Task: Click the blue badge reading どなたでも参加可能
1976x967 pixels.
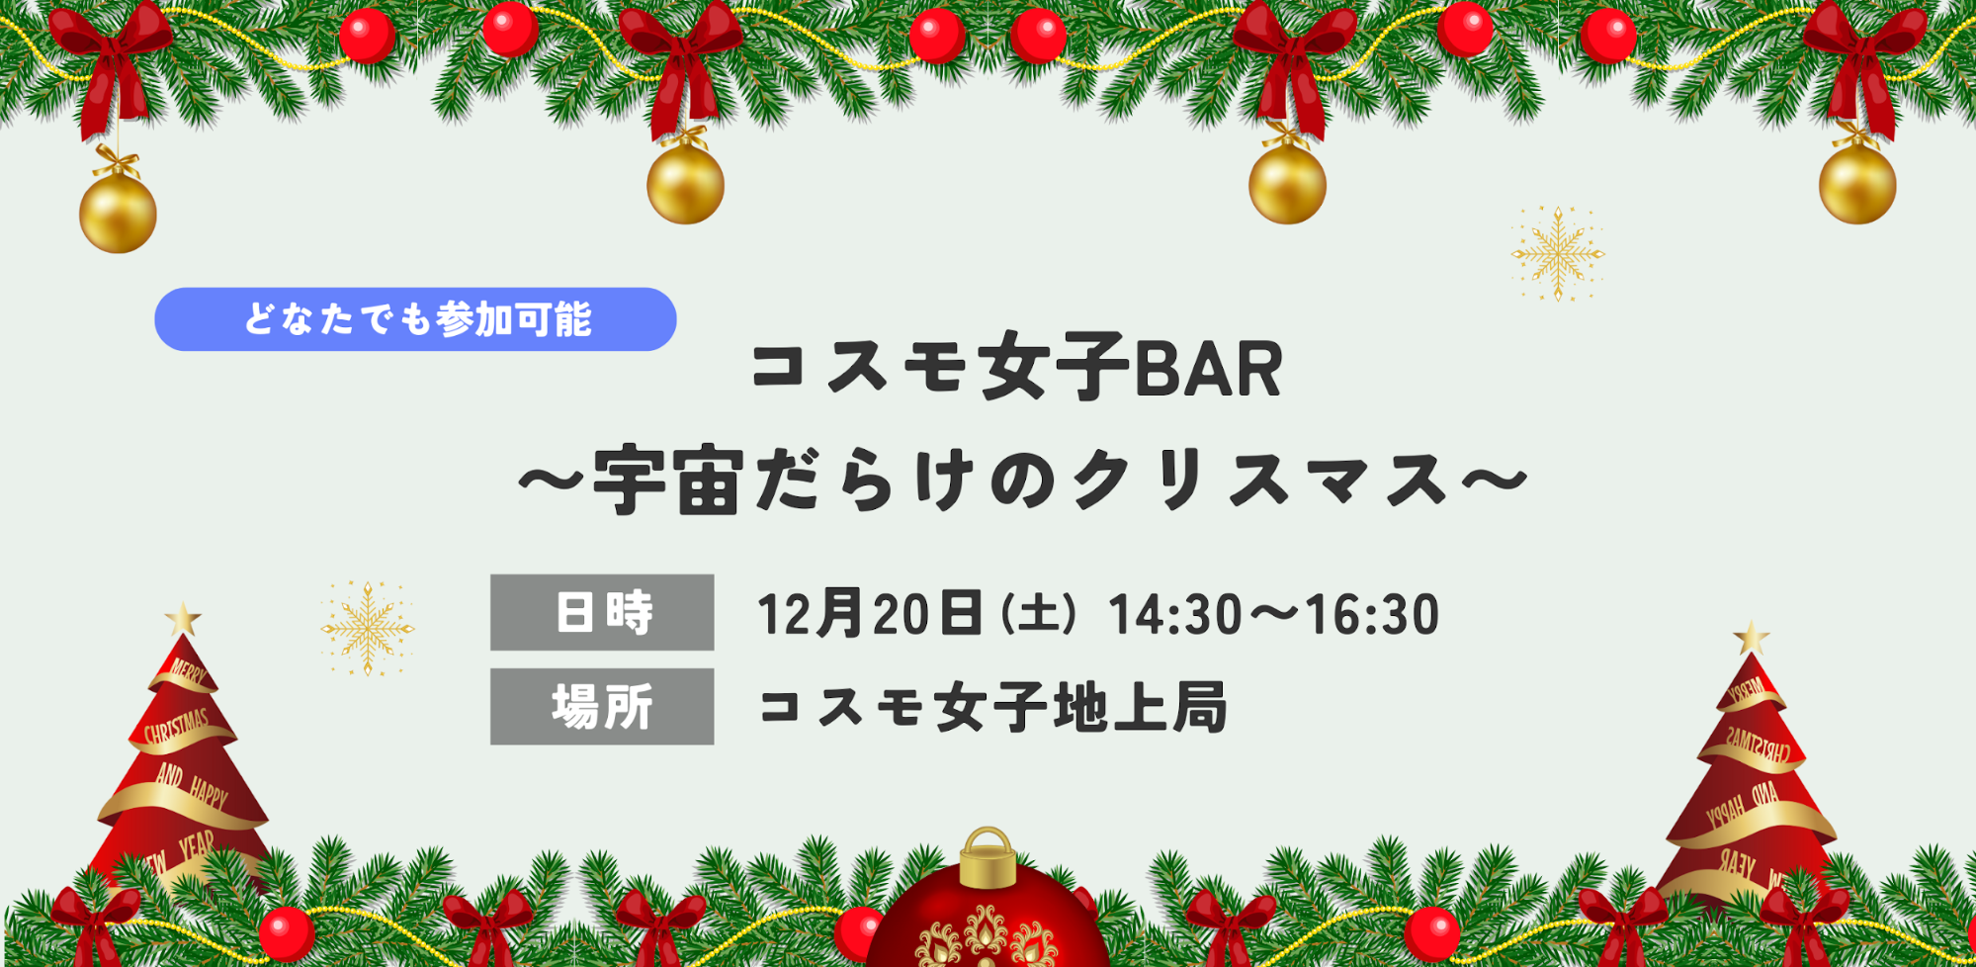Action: (415, 319)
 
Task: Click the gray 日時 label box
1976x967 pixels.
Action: (602, 612)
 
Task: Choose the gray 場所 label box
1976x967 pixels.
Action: (602, 706)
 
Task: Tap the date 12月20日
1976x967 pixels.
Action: (870, 613)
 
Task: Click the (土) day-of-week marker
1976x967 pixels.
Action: (1038, 614)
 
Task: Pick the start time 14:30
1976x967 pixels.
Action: (1175, 614)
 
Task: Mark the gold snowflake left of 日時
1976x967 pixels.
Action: (367, 629)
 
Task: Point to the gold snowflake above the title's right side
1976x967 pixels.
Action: (1558, 254)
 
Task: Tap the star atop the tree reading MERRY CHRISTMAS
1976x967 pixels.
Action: (183, 620)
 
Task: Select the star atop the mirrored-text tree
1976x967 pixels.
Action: (1752, 638)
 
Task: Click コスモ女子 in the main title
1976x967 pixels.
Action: (940, 368)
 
